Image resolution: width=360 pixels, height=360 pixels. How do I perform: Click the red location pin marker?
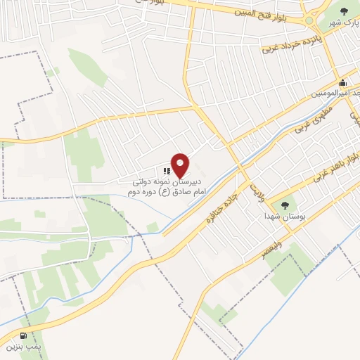[x=181, y=165]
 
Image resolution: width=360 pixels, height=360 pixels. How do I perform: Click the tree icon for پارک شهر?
[x=344, y=11]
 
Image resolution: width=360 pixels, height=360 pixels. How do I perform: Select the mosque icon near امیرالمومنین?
[x=342, y=82]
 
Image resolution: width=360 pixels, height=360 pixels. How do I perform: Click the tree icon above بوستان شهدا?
[x=285, y=205]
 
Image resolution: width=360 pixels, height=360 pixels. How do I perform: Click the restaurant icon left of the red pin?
[x=167, y=170]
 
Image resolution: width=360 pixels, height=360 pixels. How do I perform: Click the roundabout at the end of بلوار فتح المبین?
[x=309, y=21]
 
